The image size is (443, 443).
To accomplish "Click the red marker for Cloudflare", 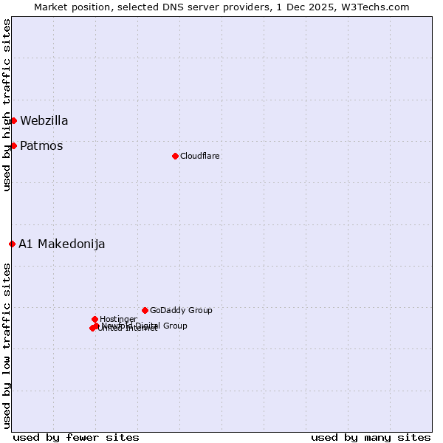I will [175, 156].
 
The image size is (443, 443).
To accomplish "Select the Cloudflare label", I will [199, 157].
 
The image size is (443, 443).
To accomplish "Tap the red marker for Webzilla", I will [13, 120].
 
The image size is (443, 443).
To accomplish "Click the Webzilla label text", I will [44, 121].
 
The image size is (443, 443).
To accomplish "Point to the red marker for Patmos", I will [13, 145].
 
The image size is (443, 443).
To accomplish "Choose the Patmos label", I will [41, 146].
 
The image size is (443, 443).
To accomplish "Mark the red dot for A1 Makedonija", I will [12, 244].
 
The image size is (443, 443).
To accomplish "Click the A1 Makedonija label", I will [62, 244].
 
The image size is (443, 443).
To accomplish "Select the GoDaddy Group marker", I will [145, 310].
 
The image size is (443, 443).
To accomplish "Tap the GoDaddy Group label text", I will [181, 311].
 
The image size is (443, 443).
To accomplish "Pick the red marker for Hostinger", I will [95, 319].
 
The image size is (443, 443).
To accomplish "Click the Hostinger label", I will [118, 320].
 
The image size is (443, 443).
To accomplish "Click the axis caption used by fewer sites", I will [76, 437].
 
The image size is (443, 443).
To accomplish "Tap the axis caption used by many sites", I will [371, 437].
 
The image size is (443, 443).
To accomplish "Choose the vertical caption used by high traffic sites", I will [7, 105].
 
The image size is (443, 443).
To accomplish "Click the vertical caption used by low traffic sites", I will [7, 346].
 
